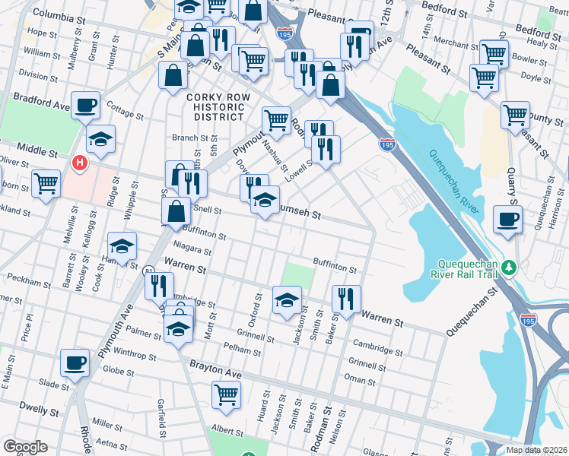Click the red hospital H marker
[x=79, y=162]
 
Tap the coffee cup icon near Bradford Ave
[x=85, y=106]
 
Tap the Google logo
[x=25, y=447]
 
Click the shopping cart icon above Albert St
[x=226, y=394]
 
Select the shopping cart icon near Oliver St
[x=46, y=184]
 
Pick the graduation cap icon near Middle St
[x=100, y=139]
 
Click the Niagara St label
[x=192, y=249]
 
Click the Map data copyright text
[x=536, y=450]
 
